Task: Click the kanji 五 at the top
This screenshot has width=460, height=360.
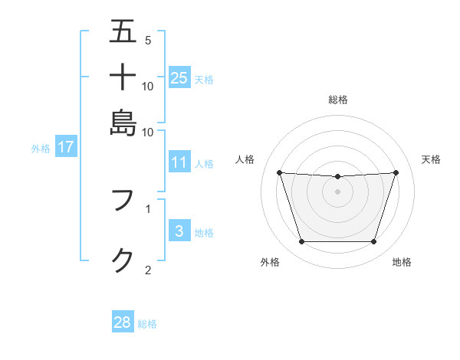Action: tap(123, 32)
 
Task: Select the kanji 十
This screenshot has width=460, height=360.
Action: tap(123, 77)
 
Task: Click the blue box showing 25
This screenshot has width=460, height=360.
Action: tap(179, 77)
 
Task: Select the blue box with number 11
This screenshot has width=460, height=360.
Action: tap(179, 162)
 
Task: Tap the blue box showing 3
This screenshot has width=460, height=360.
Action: tap(179, 231)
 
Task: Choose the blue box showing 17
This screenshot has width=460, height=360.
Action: tap(65, 147)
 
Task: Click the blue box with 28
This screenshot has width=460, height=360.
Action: tap(122, 322)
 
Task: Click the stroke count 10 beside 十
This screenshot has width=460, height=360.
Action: tap(148, 86)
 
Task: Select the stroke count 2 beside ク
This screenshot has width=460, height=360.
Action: tap(147, 270)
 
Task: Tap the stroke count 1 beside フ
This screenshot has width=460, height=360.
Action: tap(147, 208)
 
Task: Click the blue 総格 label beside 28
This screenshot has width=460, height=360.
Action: tap(147, 324)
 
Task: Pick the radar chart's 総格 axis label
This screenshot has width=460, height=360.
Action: tap(337, 100)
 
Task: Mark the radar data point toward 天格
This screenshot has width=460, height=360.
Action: tap(396, 172)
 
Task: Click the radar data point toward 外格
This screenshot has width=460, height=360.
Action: tap(301, 242)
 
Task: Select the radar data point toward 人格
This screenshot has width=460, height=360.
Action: tap(279, 172)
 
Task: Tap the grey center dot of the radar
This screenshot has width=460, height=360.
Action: tap(337, 191)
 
